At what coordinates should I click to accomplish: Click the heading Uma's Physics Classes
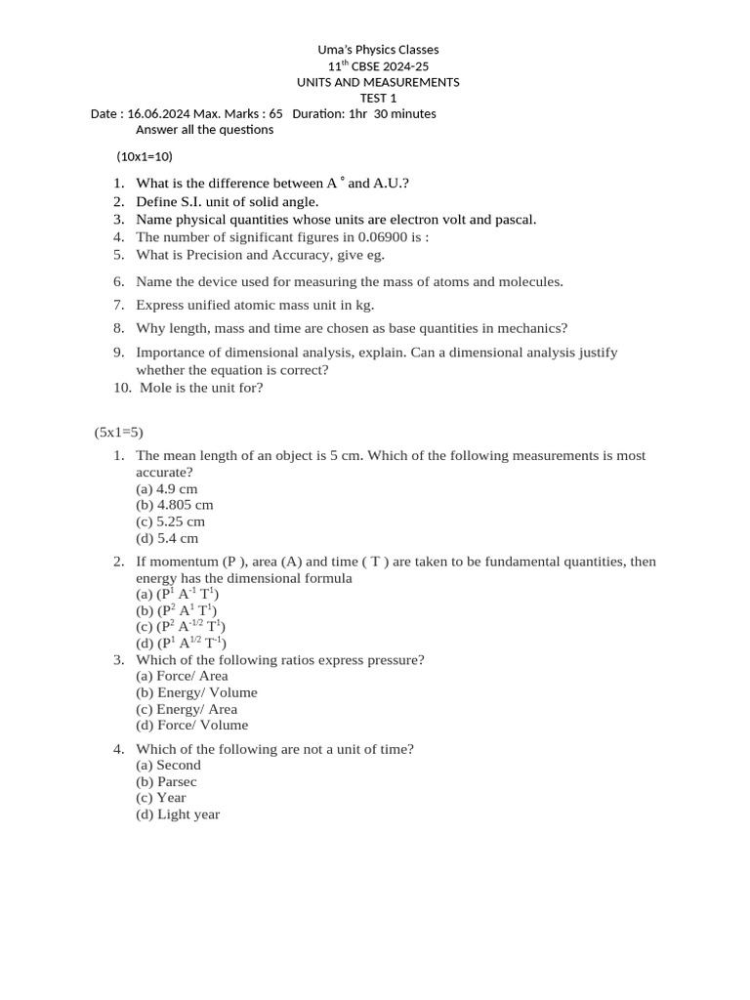(x=379, y=50)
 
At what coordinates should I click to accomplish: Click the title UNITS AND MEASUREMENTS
(x=378, y=82)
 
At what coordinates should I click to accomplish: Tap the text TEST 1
(x=378, y=98)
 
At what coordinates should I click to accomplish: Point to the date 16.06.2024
(x=159, y=114)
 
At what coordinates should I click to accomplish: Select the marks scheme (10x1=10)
(x=145, y=156)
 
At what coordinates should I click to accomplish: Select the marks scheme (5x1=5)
(x=119, y=432)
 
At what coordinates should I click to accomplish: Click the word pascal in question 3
(x=515, y=220)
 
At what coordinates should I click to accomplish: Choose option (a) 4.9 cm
(x=167, y=489)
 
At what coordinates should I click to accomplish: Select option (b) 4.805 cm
(x=175, y=506)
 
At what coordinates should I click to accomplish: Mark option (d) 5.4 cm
(x=167, y=538)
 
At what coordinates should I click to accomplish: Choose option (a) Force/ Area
(x=182, y=676)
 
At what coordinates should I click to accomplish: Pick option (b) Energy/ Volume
(x=196, y=692)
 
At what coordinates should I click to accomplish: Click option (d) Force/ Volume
(x=191, y=725)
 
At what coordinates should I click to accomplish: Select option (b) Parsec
(x=166, y=781)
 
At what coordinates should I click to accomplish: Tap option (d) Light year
(x=178, y=814)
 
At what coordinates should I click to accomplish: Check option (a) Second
(x=168, y=766)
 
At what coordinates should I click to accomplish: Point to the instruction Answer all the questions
(x=204, y=130)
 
